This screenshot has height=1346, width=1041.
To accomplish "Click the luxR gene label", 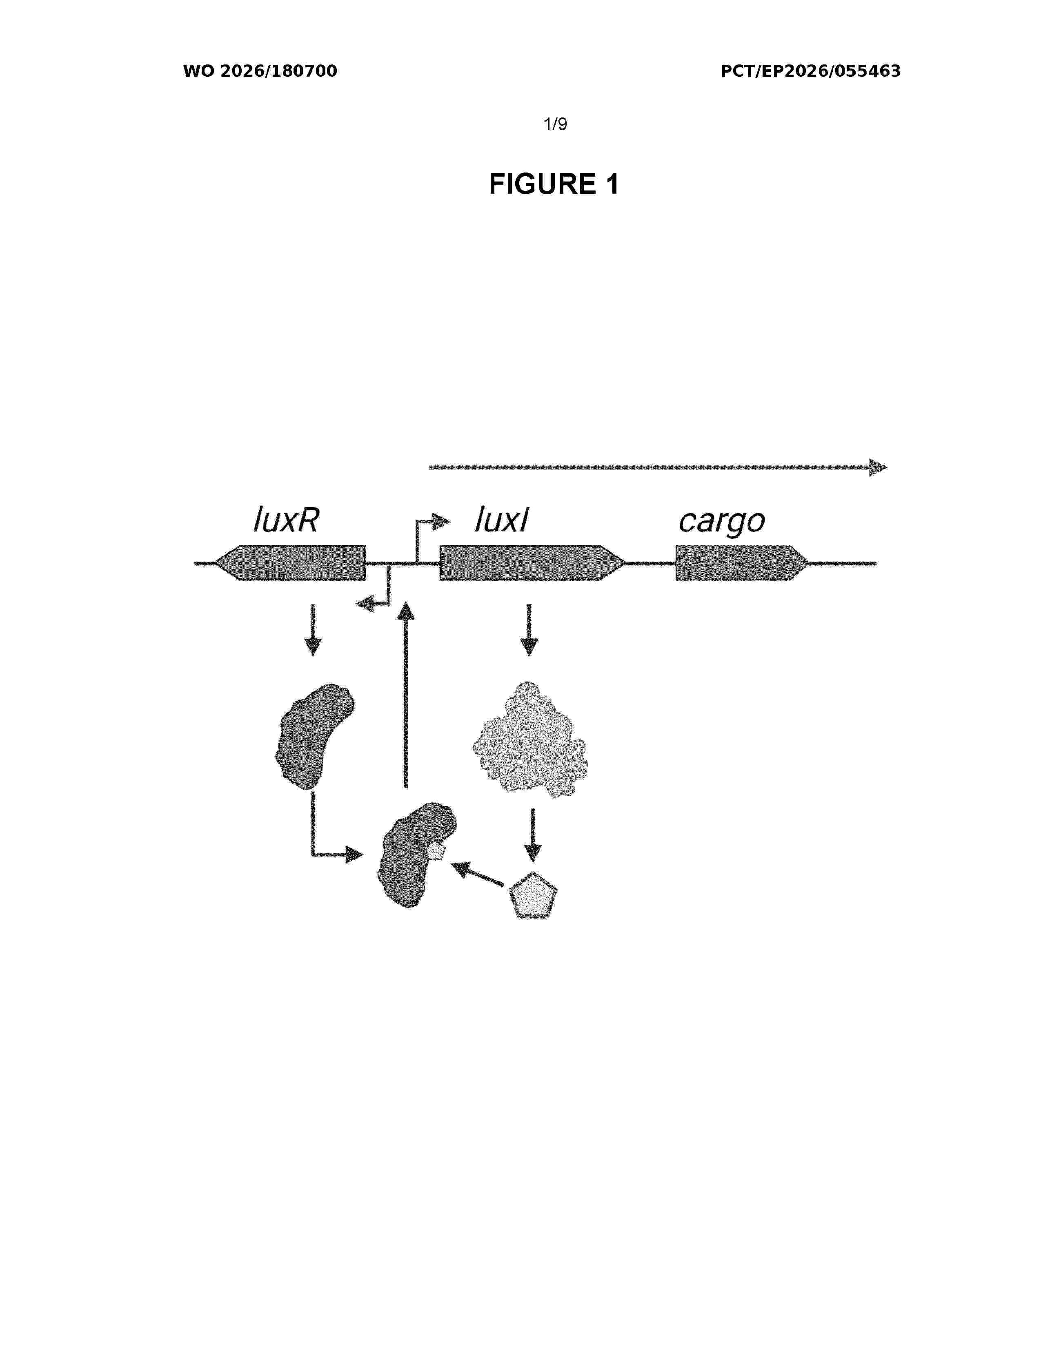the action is (286, 520).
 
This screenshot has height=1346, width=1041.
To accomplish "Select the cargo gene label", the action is (721, 522).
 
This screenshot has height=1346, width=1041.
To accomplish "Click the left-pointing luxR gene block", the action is (290, 563).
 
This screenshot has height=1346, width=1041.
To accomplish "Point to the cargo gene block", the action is (742, 563).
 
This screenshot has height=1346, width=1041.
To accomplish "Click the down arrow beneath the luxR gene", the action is (313, 630).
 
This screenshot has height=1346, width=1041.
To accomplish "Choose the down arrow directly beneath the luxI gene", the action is (529, 630).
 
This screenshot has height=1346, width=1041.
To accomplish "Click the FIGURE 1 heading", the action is (554, 184).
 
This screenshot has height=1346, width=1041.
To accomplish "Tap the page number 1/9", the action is (555, 124).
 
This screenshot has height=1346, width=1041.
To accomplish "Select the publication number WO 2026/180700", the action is (260, 71).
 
